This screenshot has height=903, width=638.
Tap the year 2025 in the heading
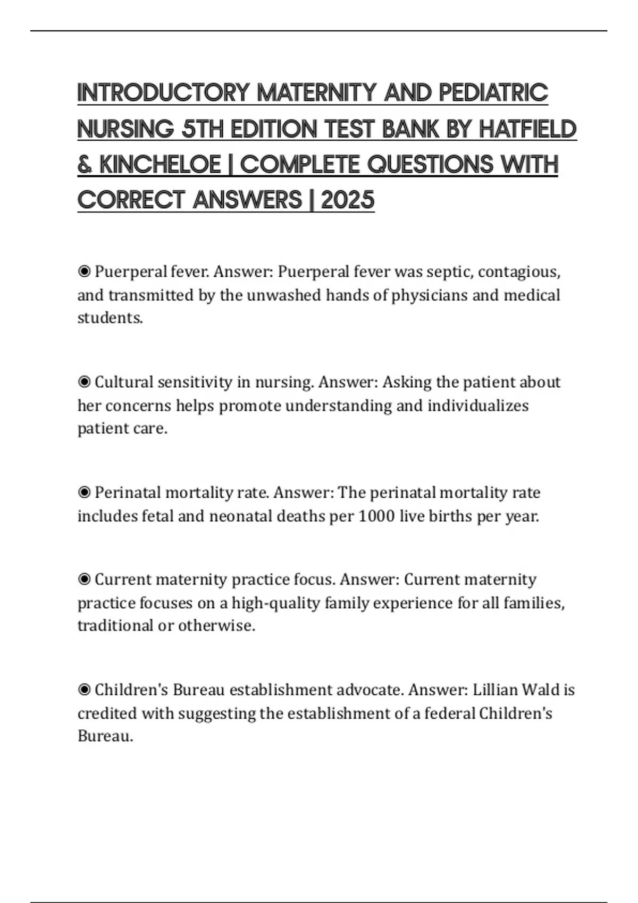pos(348,200)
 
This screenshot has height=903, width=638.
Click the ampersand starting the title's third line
pos(85,165)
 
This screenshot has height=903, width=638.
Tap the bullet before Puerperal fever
pos(84,272)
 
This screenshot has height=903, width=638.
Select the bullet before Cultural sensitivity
pos(84,382)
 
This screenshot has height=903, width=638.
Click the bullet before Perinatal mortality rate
pos(84,493)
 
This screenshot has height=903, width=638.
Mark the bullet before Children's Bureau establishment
pos(84,690)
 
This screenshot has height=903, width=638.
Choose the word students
pos(110,318)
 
